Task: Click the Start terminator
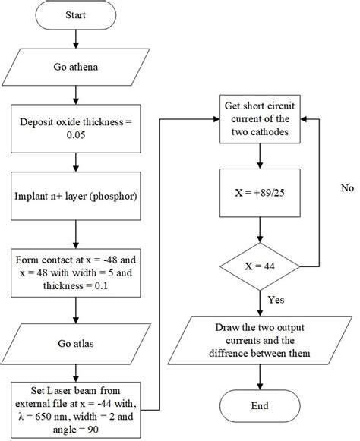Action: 74,14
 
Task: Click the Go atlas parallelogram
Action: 74,344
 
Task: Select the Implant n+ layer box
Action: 74,199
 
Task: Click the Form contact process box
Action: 74,272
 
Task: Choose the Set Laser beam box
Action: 74,411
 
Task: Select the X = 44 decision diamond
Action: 261,266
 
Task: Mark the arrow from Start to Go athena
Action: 74,38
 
